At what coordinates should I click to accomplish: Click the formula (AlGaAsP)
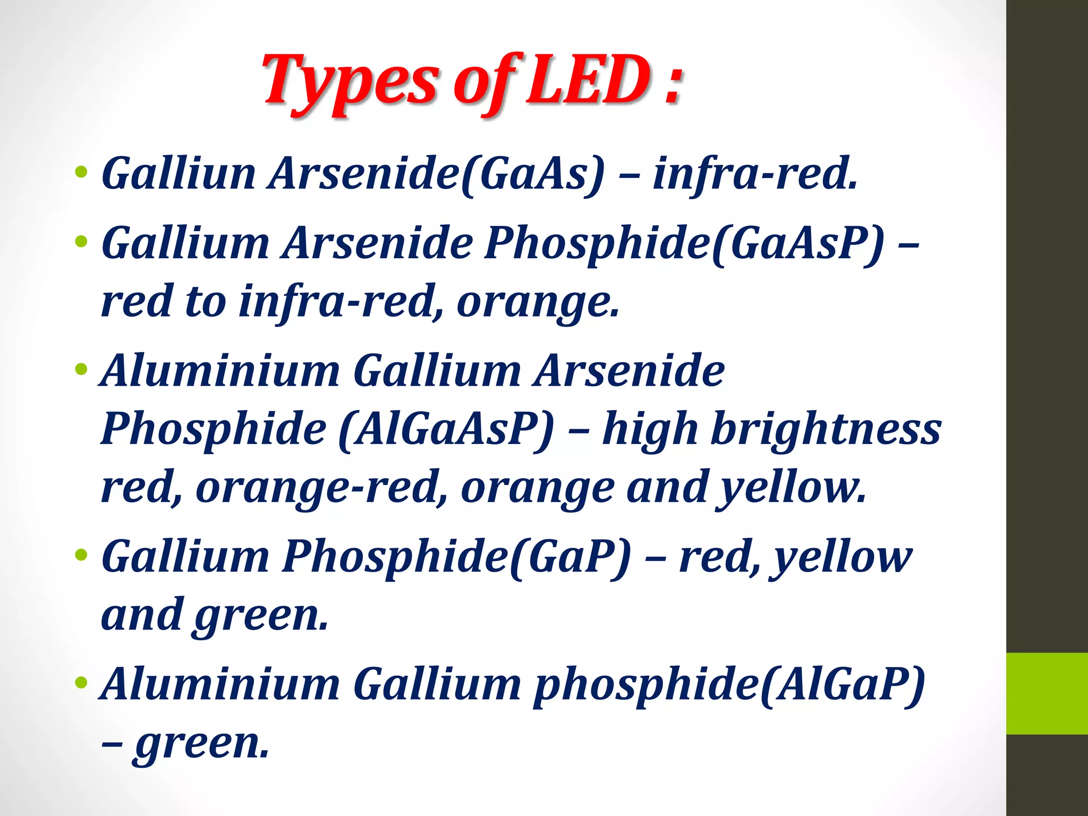[446, 429]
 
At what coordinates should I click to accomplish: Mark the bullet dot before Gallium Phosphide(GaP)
[81, 555]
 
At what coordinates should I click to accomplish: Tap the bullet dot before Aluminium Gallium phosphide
[81, 683]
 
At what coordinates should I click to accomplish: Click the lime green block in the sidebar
[1047, 693]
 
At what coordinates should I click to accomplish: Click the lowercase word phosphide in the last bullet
[645, 685]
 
